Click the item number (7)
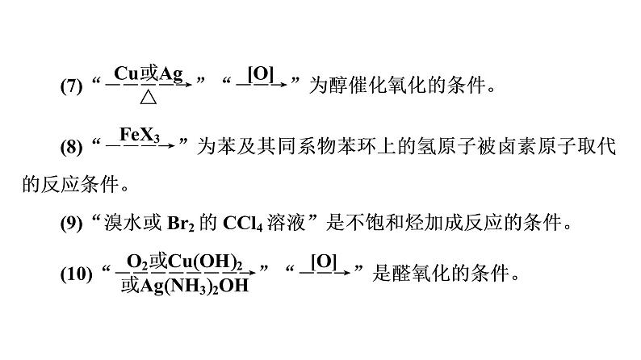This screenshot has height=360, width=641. coord(72,85)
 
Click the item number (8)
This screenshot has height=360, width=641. coord(72,147)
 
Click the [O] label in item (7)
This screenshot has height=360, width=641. coord(261,73)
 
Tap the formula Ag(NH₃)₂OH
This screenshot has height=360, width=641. coord(183,285)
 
